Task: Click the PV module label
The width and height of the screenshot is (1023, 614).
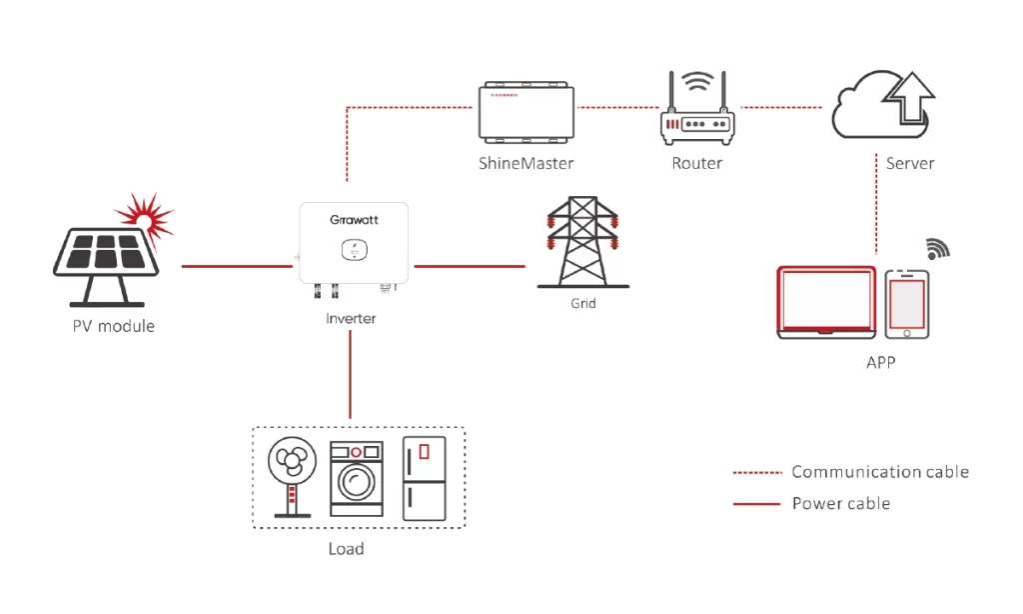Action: [113, 326]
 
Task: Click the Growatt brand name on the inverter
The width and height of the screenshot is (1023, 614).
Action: [355, 218]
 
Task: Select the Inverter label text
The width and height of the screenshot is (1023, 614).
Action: [351, 319]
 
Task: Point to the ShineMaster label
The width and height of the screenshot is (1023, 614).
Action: [526, 163]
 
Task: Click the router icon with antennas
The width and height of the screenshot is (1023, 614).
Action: [696, 111]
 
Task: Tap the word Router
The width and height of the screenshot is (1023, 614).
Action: [697, 163]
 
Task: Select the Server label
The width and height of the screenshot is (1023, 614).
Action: [910, 163]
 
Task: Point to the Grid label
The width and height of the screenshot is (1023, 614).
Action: [582, 303]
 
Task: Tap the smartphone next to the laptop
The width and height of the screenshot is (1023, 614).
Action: [906, 303]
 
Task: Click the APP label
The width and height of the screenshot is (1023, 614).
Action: [880, 363]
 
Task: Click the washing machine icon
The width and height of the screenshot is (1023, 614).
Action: [357, 480]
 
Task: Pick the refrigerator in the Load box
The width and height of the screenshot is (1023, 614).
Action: [423, 478]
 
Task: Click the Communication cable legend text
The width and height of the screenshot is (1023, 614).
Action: [880, 472]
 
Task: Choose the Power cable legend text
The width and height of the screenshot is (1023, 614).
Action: [840, 503]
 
